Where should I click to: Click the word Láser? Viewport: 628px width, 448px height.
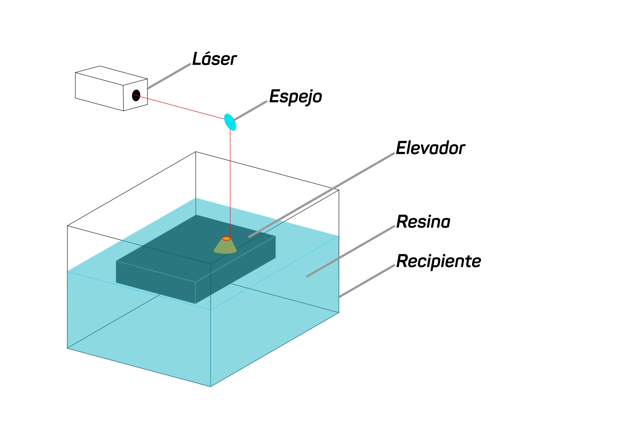click(x=214, y=59)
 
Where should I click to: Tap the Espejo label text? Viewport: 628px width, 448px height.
click(x=295, y=96)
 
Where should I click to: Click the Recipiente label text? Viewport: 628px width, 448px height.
click(x=438, y=261)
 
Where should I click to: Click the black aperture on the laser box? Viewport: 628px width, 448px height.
click(x=136, y=95)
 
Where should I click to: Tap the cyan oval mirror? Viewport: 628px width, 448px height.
click(x=230, y=122)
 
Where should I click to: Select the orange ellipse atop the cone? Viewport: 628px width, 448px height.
click(x=226, y=238)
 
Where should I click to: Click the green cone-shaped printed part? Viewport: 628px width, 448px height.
click(x=225, y=247)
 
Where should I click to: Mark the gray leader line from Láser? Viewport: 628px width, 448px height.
click(x=169, y=76)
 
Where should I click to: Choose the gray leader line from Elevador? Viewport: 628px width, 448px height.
click(x=321, y=195)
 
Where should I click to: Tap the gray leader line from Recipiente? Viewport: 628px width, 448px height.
click(x=367, y=281)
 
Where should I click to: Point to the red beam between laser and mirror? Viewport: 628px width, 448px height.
click(x=179, y=107)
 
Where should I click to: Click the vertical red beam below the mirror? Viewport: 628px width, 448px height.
click(x=230, y=182)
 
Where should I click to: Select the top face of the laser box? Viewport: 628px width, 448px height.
click(x=111, y=76)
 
